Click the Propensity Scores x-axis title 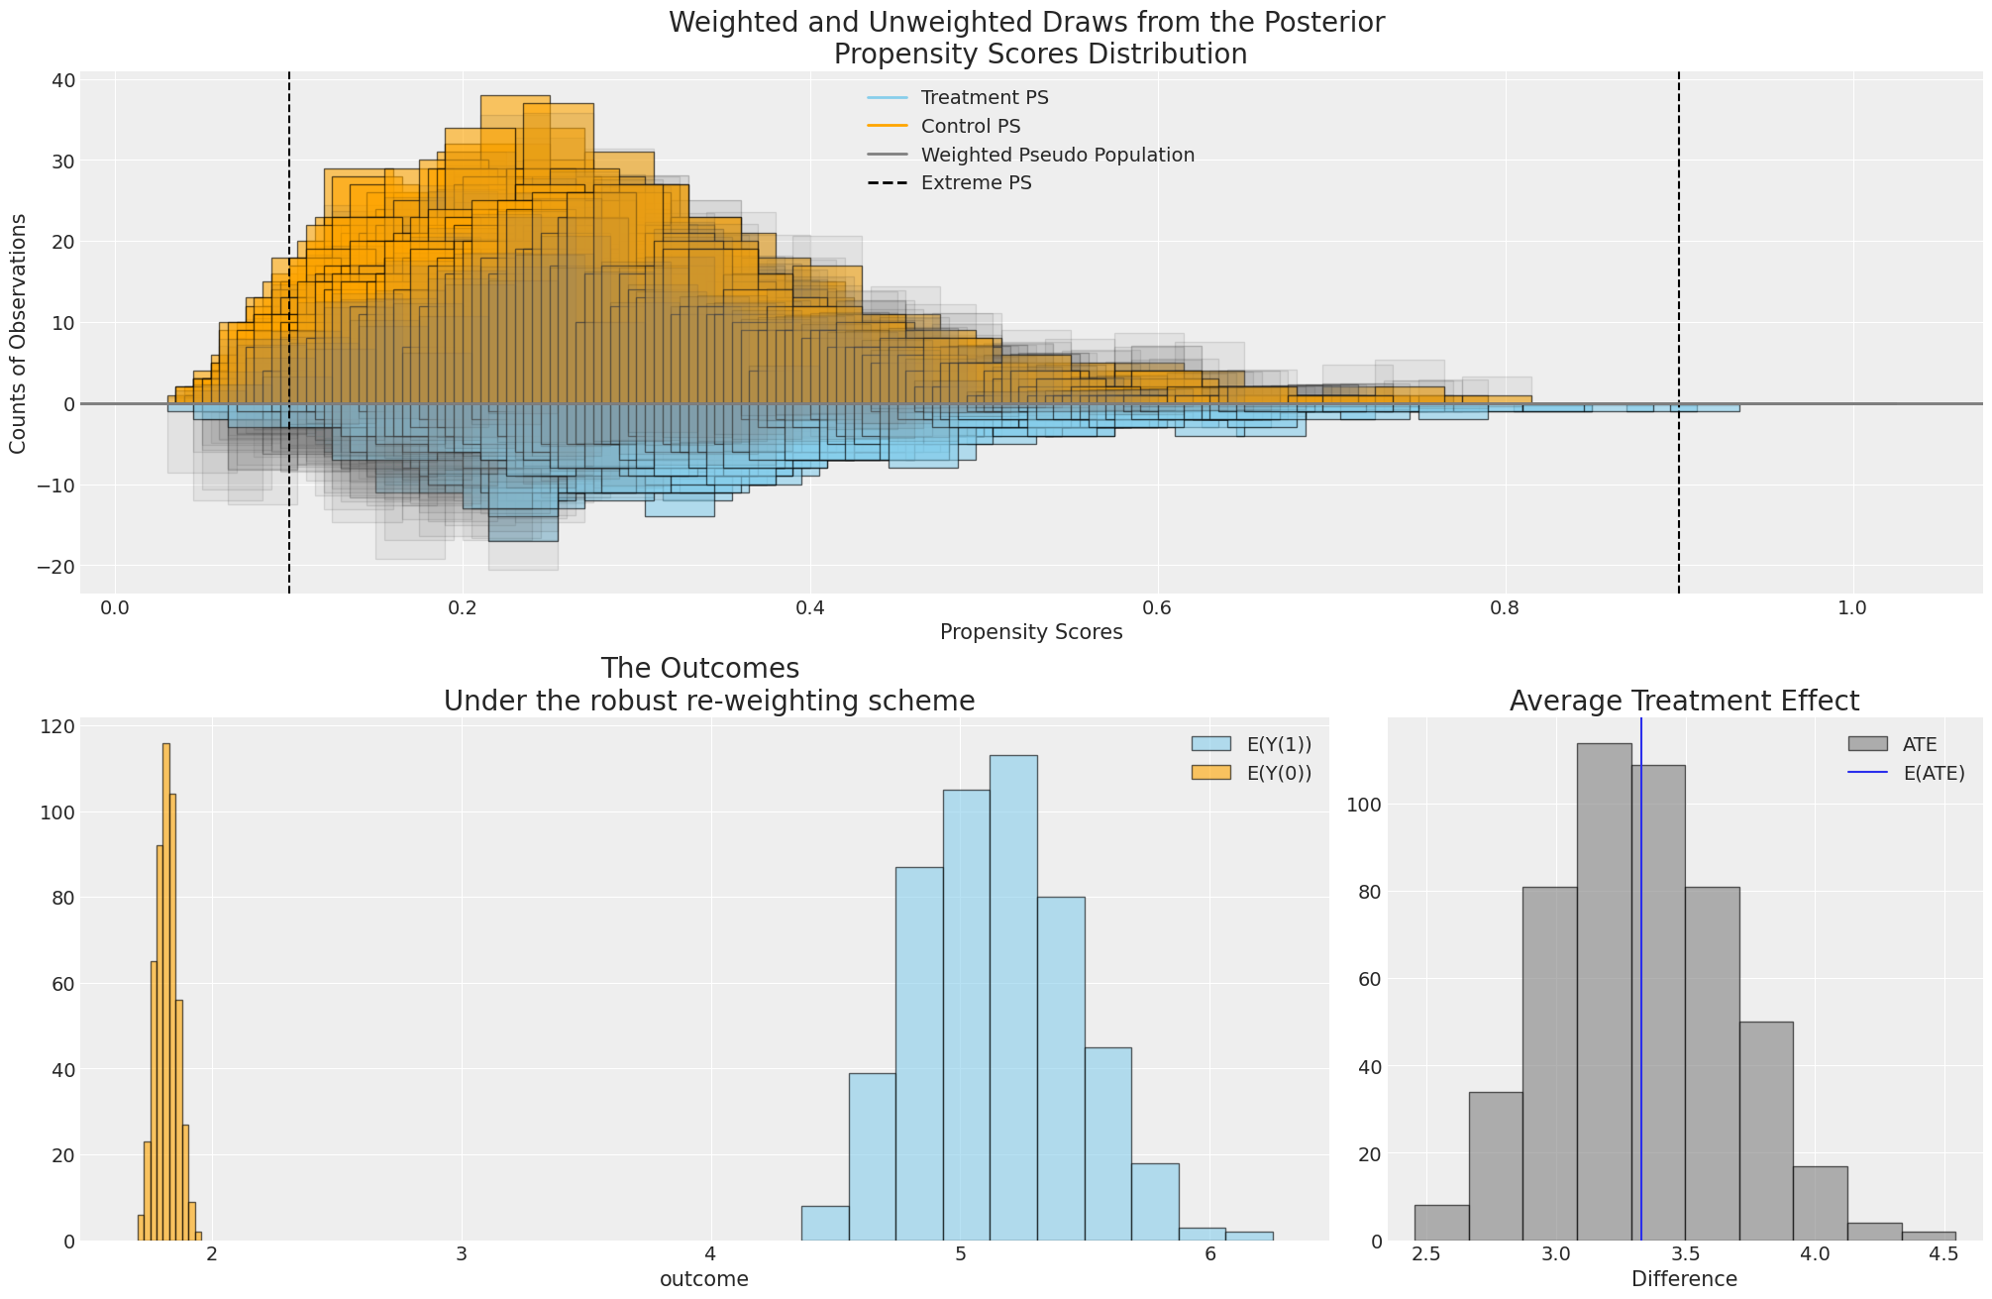click(x=1031, y=632)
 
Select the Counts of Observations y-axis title click(x=18, y=334)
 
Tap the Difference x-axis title click(x=1684, y=1279)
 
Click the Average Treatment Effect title click(x=1684, y=702)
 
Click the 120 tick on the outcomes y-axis click(x=57, y=726)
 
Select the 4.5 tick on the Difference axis click(x=1942, y=1254)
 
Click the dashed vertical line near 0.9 click(x=1679, y=297)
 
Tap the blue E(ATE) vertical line click(x=1641, y=991)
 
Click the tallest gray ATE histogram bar click(x=1604, y=991)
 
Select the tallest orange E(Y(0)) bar click(x=166, y=991)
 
